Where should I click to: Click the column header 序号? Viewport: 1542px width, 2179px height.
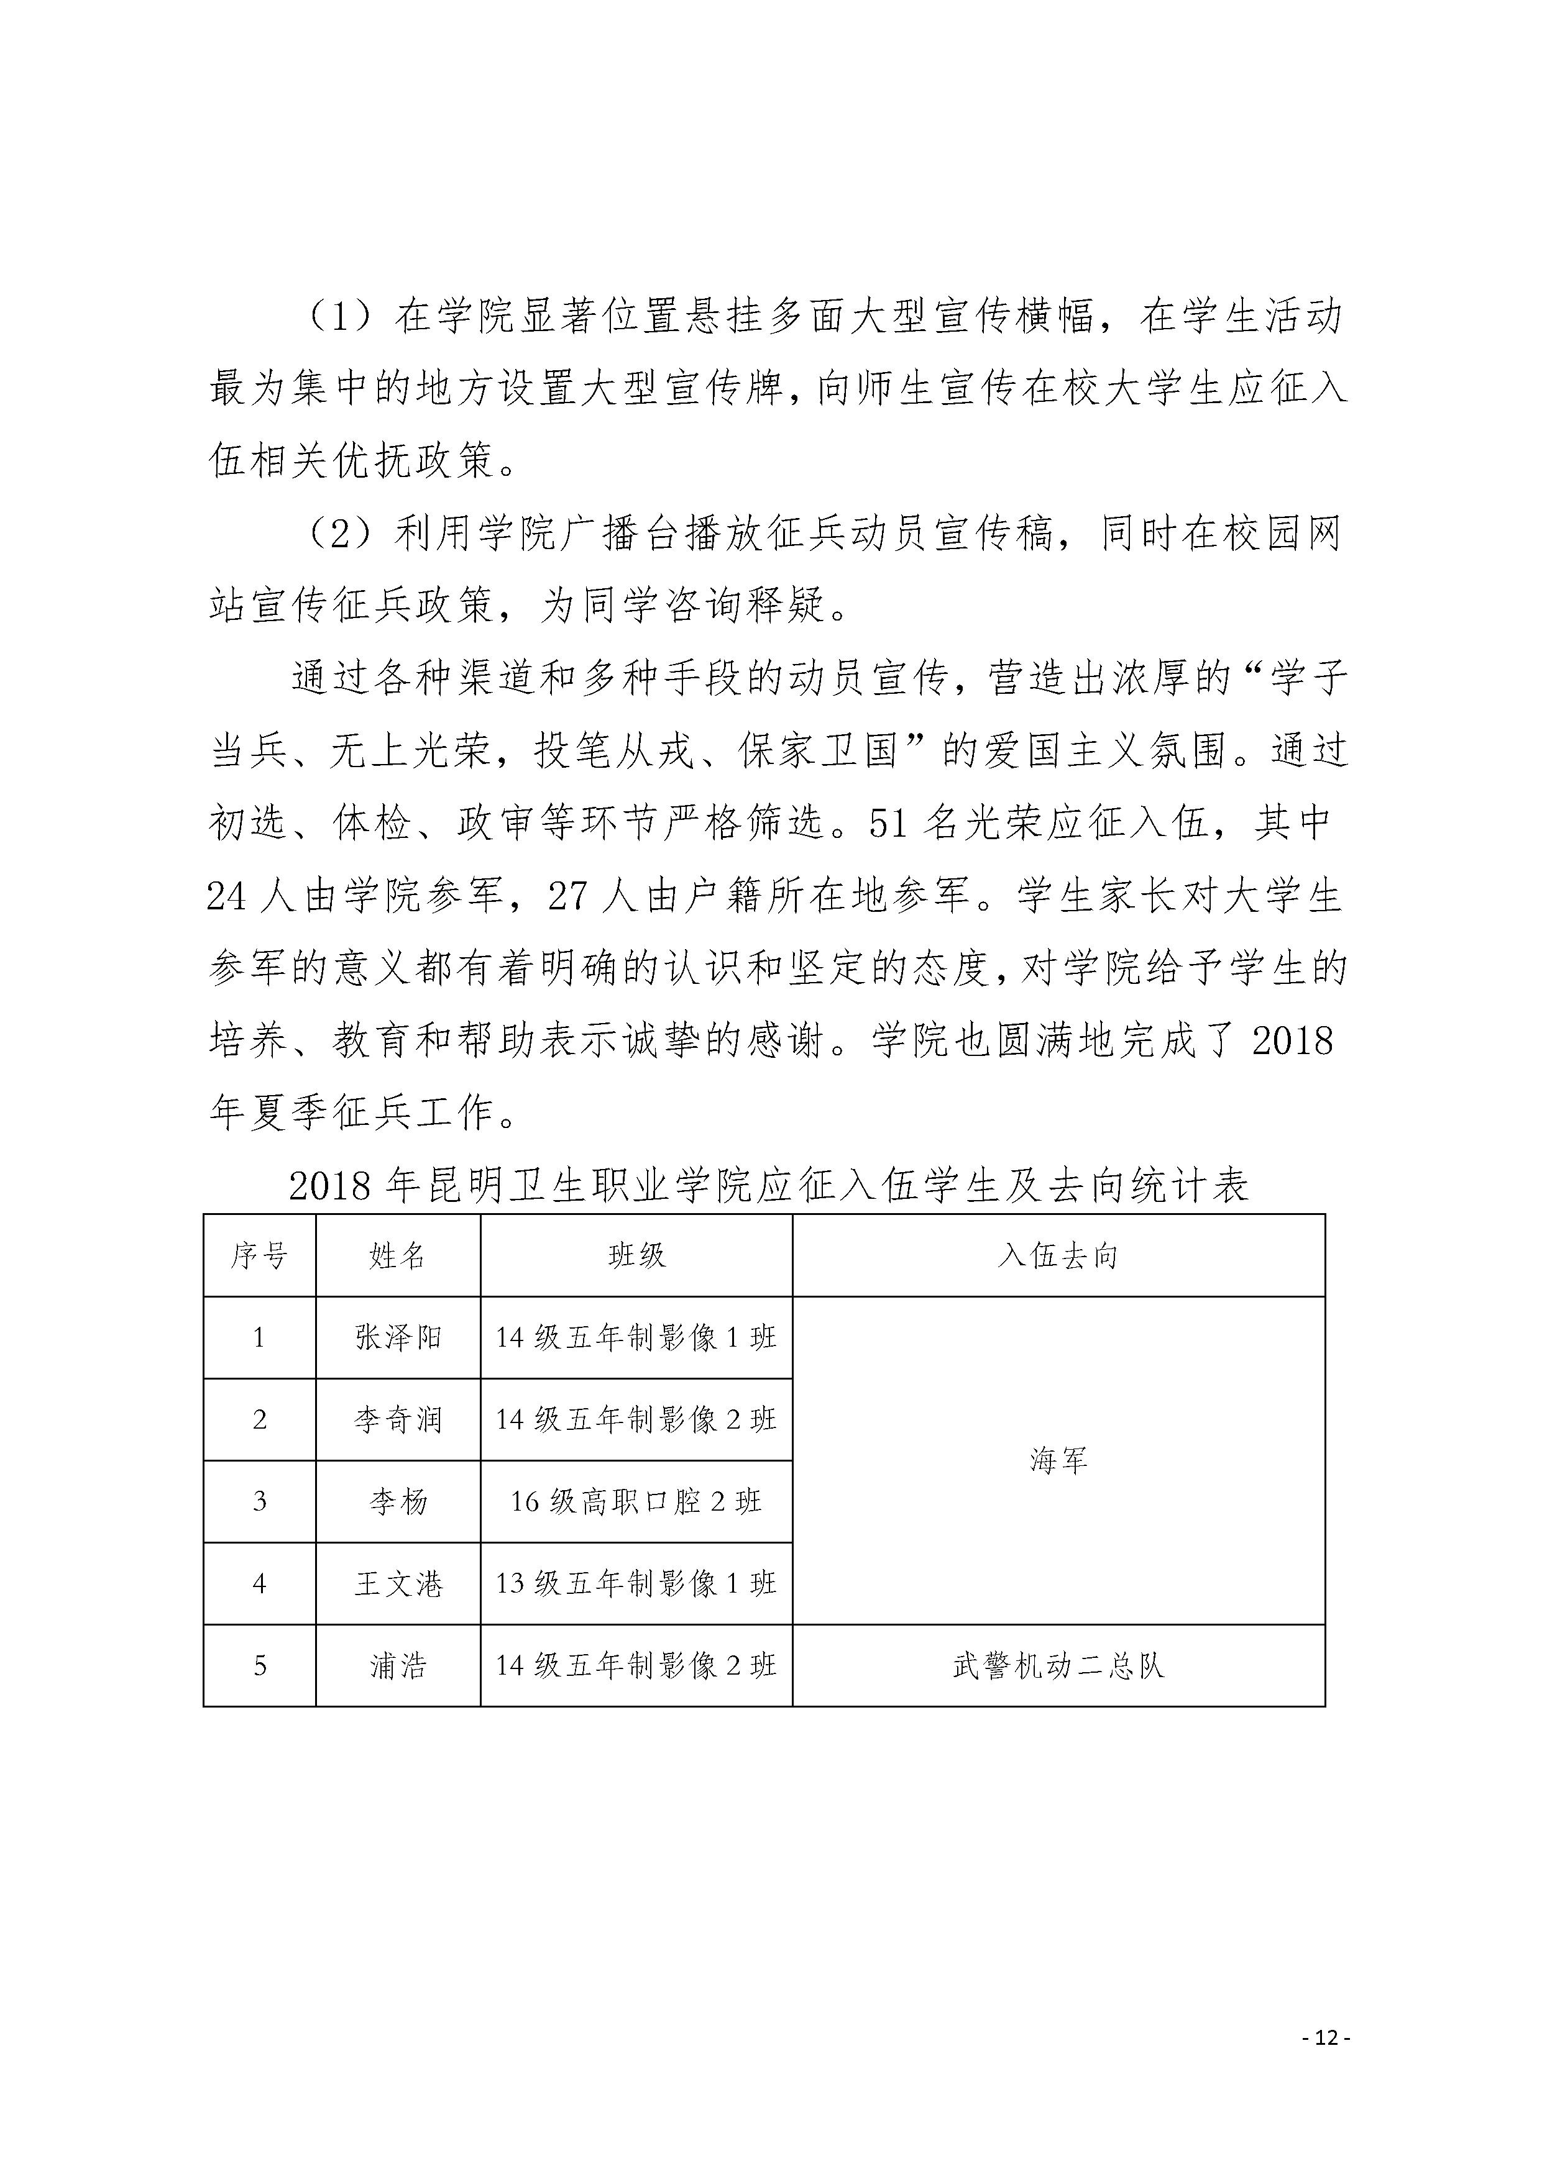259,1255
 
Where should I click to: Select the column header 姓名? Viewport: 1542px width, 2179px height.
397,1255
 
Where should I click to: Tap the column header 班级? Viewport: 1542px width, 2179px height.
636,1255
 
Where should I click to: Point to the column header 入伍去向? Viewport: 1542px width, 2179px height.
1058,1255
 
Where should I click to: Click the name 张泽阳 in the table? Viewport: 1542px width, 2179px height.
397,1337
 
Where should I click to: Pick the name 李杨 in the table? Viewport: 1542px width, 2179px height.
397,1501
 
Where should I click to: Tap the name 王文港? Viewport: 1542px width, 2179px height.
397,1583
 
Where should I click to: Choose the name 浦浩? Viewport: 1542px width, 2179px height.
397,1665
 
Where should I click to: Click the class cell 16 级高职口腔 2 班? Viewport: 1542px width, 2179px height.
636,1501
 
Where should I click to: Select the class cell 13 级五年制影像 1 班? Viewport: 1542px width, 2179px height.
636,1583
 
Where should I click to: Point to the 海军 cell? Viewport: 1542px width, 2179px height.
1058,1460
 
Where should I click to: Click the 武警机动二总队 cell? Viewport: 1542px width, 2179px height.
1058,1665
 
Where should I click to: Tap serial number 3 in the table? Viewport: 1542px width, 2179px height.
259,1501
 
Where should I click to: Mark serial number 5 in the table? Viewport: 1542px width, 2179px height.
259,1665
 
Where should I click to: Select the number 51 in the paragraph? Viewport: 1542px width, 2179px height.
888,823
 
